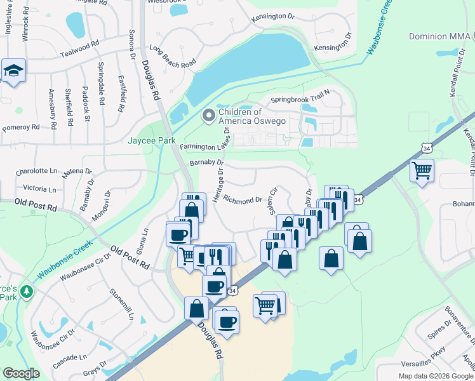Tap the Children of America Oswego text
(252, 117)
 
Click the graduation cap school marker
(13, 71)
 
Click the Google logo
(21, 374)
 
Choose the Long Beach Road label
(172, 57)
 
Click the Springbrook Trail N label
(301, 97)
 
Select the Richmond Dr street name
(243, 200)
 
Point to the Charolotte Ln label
(36, 171)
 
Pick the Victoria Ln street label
(39, 189)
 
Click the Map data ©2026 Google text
(435, 376)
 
